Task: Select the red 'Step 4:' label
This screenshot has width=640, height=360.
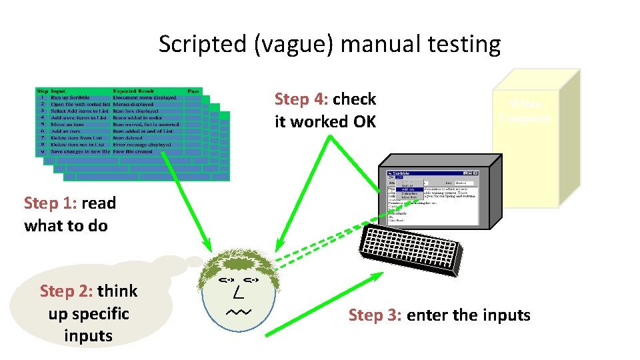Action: pyautogui.click(x=301, y=99)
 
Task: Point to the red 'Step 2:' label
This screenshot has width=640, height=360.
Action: pyautogui.click(x=67, y=291)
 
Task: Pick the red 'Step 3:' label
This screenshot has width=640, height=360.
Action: pyautogui.click(x=375, y=315)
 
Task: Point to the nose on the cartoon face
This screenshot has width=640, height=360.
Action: pyautogui.click(x=239, y=294)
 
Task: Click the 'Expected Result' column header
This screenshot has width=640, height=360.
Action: pyautogui.click(x=133, y=91)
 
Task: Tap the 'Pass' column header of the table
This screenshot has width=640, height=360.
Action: pyautogui.click(x=193, y=91)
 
